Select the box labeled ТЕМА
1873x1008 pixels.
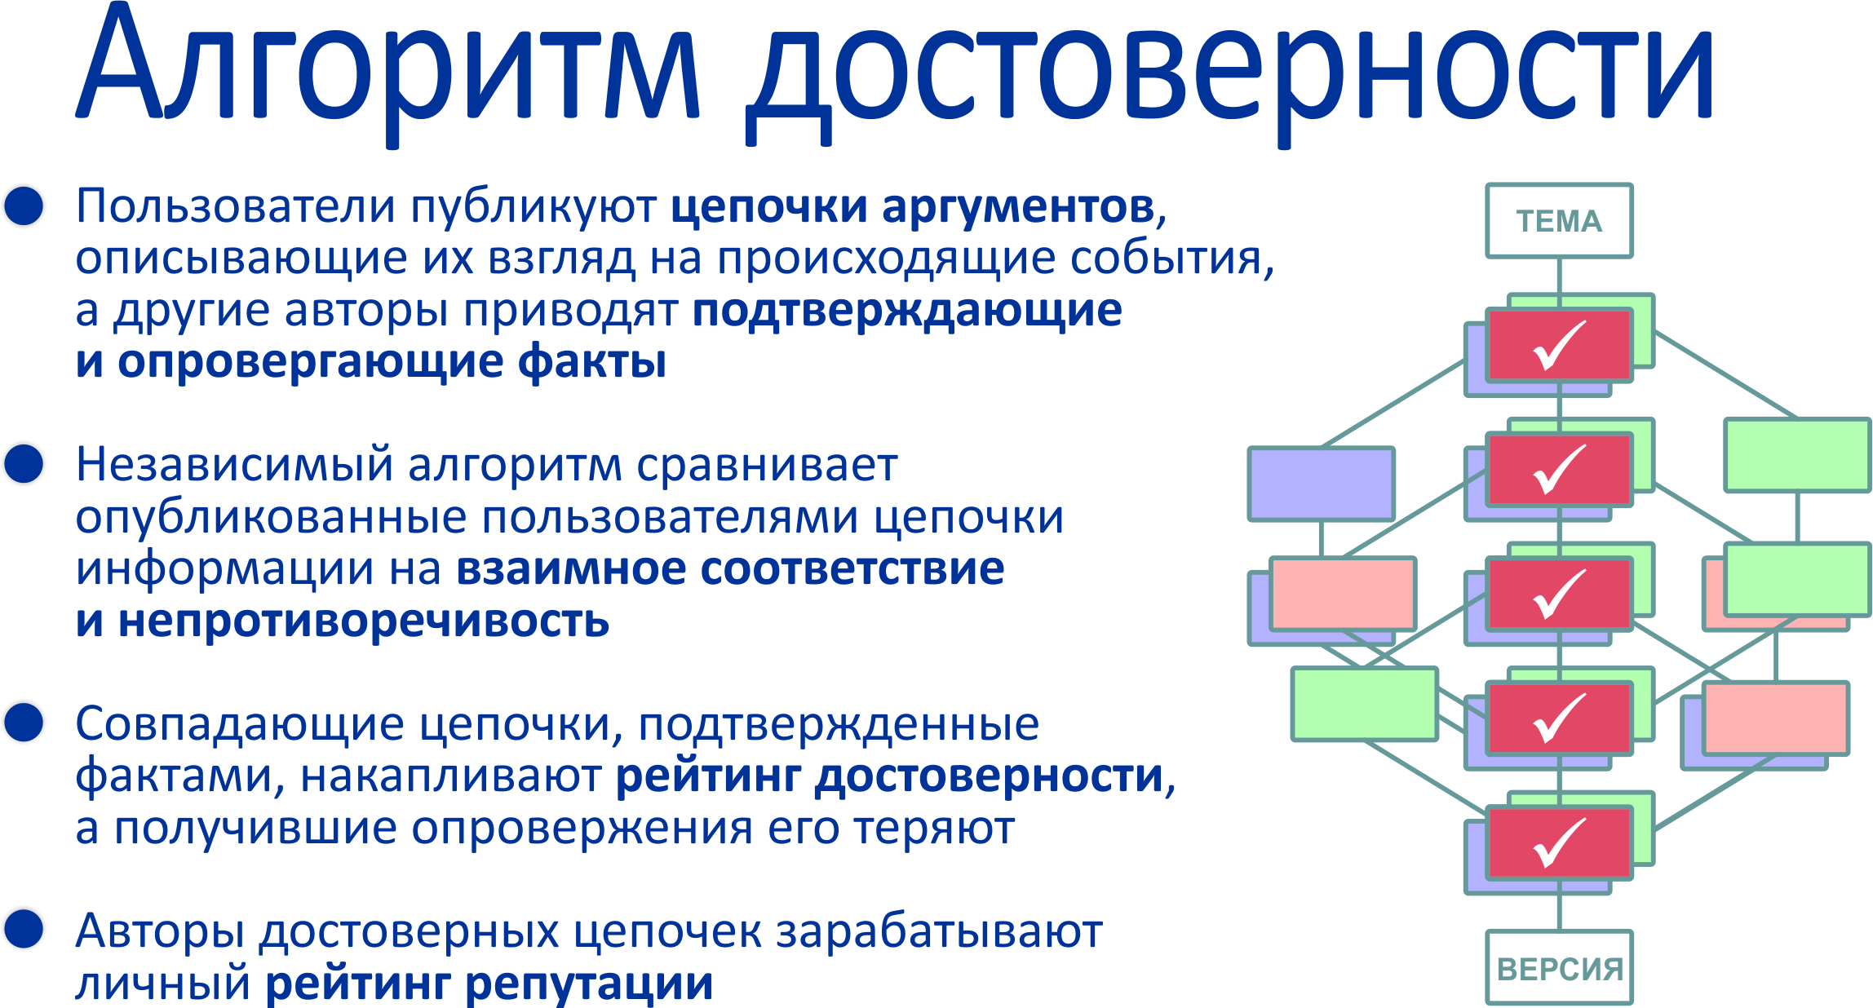tap(1559, 221)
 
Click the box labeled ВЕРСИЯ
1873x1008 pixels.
tap(1559, 967)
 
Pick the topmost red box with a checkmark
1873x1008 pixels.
tap(1559, 345)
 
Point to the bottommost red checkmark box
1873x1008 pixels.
tap(1559, 842)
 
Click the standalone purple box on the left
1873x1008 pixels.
tap(1321, 484)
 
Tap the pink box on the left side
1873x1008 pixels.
tap(1343, 594)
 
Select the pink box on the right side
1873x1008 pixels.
tap(1776, 718)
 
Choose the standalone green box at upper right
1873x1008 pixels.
tap(1797, 455)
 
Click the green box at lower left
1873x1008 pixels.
tap(1365, 704)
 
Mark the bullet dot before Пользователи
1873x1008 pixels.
tap(24, 206)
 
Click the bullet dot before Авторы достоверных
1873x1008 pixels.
tap(24, 930)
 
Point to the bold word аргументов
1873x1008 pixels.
tap(1018, 207)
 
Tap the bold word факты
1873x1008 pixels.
tap(592, 360)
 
